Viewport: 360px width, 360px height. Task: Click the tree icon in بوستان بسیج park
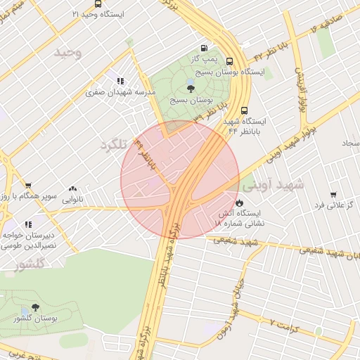click(191, 87)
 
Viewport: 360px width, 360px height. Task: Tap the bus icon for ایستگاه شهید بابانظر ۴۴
click(244, 110)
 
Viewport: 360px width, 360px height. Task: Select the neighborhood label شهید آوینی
click(273, 185)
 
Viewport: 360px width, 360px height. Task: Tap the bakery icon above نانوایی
click(73, 188)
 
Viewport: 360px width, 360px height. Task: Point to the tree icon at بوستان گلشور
click(35, 307)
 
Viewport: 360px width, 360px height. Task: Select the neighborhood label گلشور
click(29, 264)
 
